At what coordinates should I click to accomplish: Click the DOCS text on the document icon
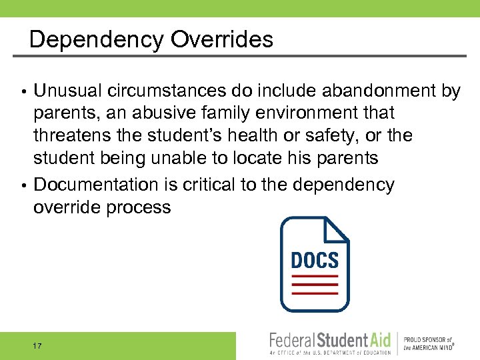(x=315, y=259)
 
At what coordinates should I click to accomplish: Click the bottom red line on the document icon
(x=315, y=293)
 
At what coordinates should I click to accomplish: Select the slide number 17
(x=37, y=346)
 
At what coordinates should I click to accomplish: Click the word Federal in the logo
(x=291, y=341)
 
